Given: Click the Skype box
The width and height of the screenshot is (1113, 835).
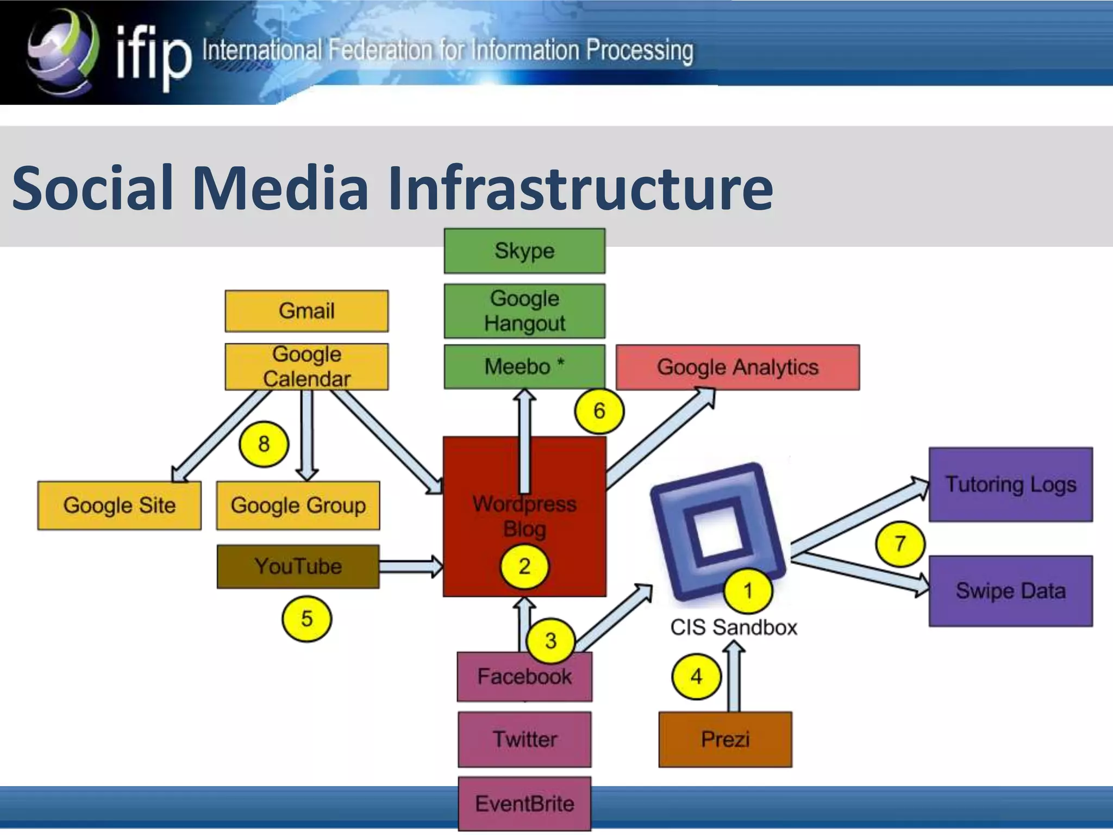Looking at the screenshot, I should click(x=524, y=251).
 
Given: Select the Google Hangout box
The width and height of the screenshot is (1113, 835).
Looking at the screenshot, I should click(x=524, y=311).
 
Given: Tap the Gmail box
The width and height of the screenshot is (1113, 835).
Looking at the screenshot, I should click(x=307, y=311).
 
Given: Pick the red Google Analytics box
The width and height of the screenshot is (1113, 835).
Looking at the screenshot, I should click(x=737, y=367).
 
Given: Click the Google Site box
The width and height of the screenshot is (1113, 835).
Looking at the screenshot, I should click(x=119, y=505).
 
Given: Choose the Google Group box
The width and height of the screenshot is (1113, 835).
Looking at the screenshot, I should click(x=298, y=505).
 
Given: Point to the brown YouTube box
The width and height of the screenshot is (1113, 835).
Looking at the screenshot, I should click(x=298, y=566).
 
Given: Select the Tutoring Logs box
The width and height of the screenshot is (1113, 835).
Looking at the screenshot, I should click(x=1010, y=484).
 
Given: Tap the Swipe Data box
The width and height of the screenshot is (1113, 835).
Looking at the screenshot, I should click(x=1010, y=591).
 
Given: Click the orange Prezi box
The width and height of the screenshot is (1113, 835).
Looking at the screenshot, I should click(x=725, y=739).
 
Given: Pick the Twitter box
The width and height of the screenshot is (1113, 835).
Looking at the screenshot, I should click(x=524, y=739).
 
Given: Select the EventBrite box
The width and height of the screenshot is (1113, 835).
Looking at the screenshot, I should click(x=524, y=803).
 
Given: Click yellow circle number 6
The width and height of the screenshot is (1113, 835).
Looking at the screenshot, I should click(x=599, y=411).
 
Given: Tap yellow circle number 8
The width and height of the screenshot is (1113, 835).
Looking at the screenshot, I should click(x=264, y=444).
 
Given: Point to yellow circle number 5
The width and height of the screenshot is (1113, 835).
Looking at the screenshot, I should click(x=307, y=619).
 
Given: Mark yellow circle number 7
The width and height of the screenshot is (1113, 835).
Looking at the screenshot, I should click(x=900, y=544).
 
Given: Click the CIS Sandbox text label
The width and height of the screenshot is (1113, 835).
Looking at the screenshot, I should click(x=733, y=627).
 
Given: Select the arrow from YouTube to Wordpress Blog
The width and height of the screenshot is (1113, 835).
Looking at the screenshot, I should click(x=411, y=566).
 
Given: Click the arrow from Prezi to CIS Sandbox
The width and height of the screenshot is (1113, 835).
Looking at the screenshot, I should click(x=734, y=677).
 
